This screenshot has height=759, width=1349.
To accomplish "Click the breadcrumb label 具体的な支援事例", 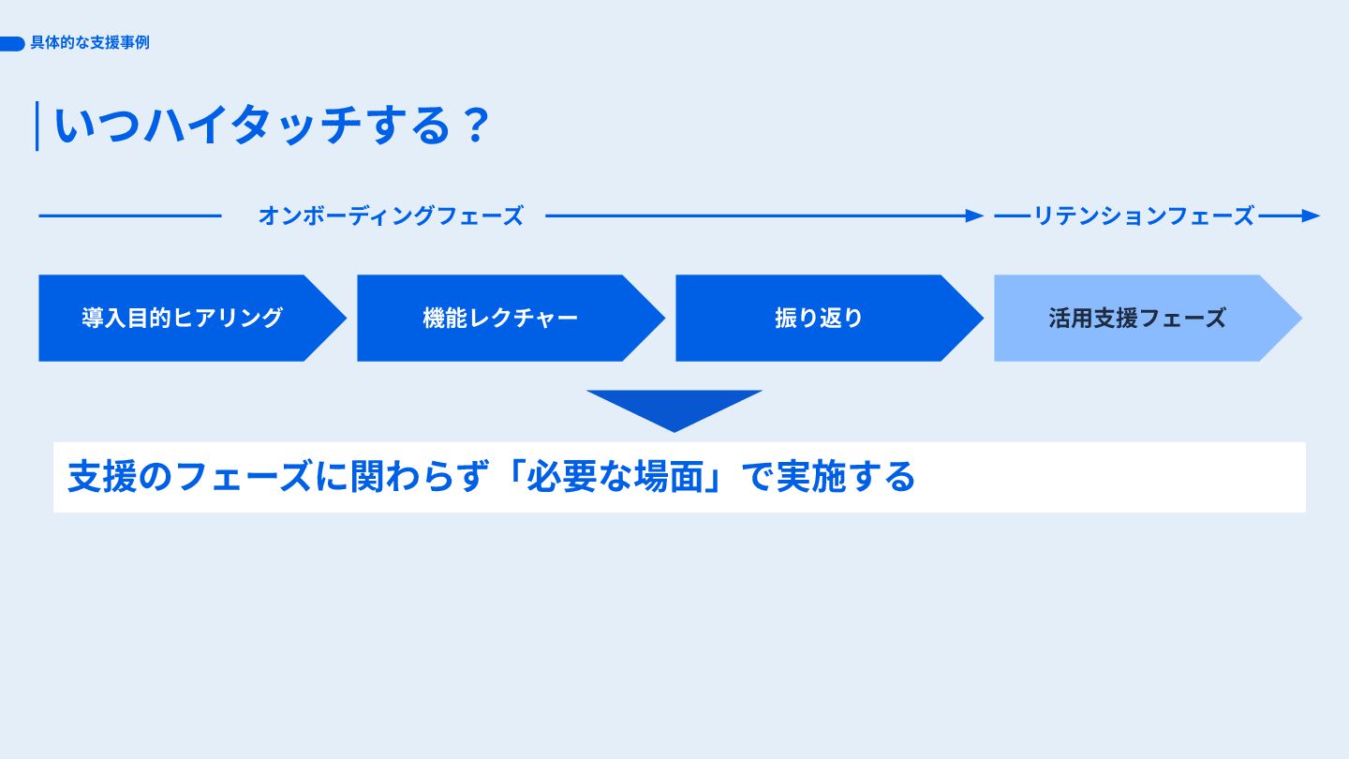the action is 90,43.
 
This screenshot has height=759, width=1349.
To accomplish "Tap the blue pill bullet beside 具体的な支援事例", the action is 12,44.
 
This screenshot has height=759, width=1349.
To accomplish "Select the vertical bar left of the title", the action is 37,126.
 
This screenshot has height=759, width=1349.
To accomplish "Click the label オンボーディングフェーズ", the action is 390,216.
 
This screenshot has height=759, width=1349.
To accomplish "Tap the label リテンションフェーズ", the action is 1143,216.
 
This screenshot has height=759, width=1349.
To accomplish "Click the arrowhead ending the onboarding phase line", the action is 975,216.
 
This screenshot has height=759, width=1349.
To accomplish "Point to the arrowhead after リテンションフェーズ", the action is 1311,216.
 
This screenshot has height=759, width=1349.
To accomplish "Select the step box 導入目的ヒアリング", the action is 183,318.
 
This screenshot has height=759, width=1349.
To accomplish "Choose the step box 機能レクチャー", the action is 500,318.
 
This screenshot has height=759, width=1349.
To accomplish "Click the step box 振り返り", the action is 819,318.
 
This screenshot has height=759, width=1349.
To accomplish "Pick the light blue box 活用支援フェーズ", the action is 1137,318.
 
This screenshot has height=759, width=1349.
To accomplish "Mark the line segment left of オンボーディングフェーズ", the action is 129,216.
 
